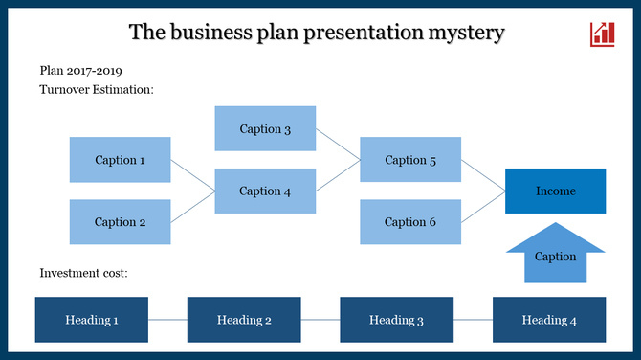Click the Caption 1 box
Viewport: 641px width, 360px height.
pos(120,160)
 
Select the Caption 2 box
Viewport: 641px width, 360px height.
pos(120,222)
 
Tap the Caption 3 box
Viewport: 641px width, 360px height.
pos(265,129)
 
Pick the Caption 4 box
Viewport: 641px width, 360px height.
pos(265,191)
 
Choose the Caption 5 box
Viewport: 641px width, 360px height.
pos(410,160)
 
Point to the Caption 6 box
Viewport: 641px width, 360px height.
pos(410,222)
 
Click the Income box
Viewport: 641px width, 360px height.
pos(555,191)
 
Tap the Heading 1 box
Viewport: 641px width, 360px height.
pos(92,320)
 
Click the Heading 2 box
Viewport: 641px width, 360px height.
pos(244,320)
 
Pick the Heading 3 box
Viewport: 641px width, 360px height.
pos(396,320)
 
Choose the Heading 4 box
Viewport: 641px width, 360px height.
pos(549,320)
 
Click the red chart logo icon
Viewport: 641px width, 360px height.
pos(603,34)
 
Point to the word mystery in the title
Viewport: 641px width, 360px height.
pos(461,33)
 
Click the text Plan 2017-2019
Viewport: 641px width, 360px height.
pos(81,71)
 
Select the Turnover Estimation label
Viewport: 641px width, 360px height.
pos(97,89)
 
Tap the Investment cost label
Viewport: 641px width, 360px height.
pos(83,273)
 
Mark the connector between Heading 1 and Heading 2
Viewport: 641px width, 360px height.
pos(167,320)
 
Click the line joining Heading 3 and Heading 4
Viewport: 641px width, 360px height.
pos(473,320)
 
